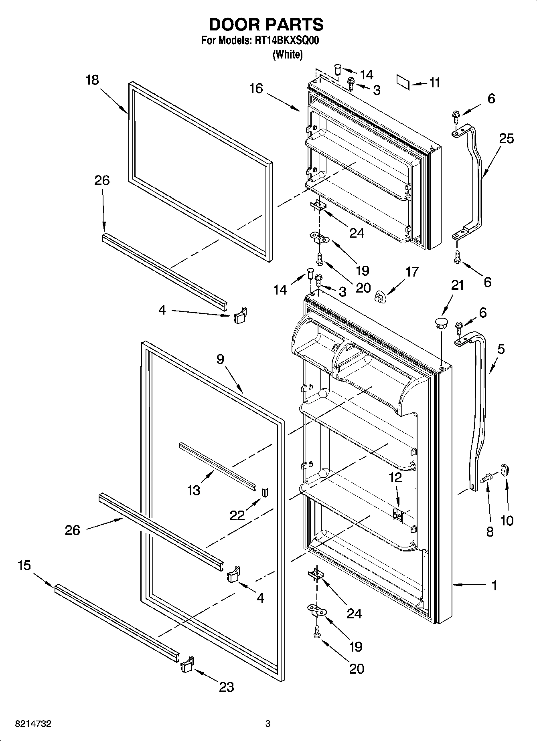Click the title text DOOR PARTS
[x=266, y=25]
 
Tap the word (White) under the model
[x=287, y=55]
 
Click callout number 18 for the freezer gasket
[x=92, y=80]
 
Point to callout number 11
[x=434, y=83]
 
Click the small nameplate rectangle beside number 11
[x=403, y=81]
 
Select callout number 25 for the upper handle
[x=507, y=139]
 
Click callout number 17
[x=412, y=272]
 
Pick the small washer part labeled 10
[x=505, y=470]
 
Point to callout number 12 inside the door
[x=395, y=477]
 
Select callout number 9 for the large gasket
[x=220, y=359]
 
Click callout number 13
[x=194, y=490]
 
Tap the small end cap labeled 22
[x=264, y=492]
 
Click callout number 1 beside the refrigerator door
[x=494, y=586]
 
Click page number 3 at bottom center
[x=268, y=724]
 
